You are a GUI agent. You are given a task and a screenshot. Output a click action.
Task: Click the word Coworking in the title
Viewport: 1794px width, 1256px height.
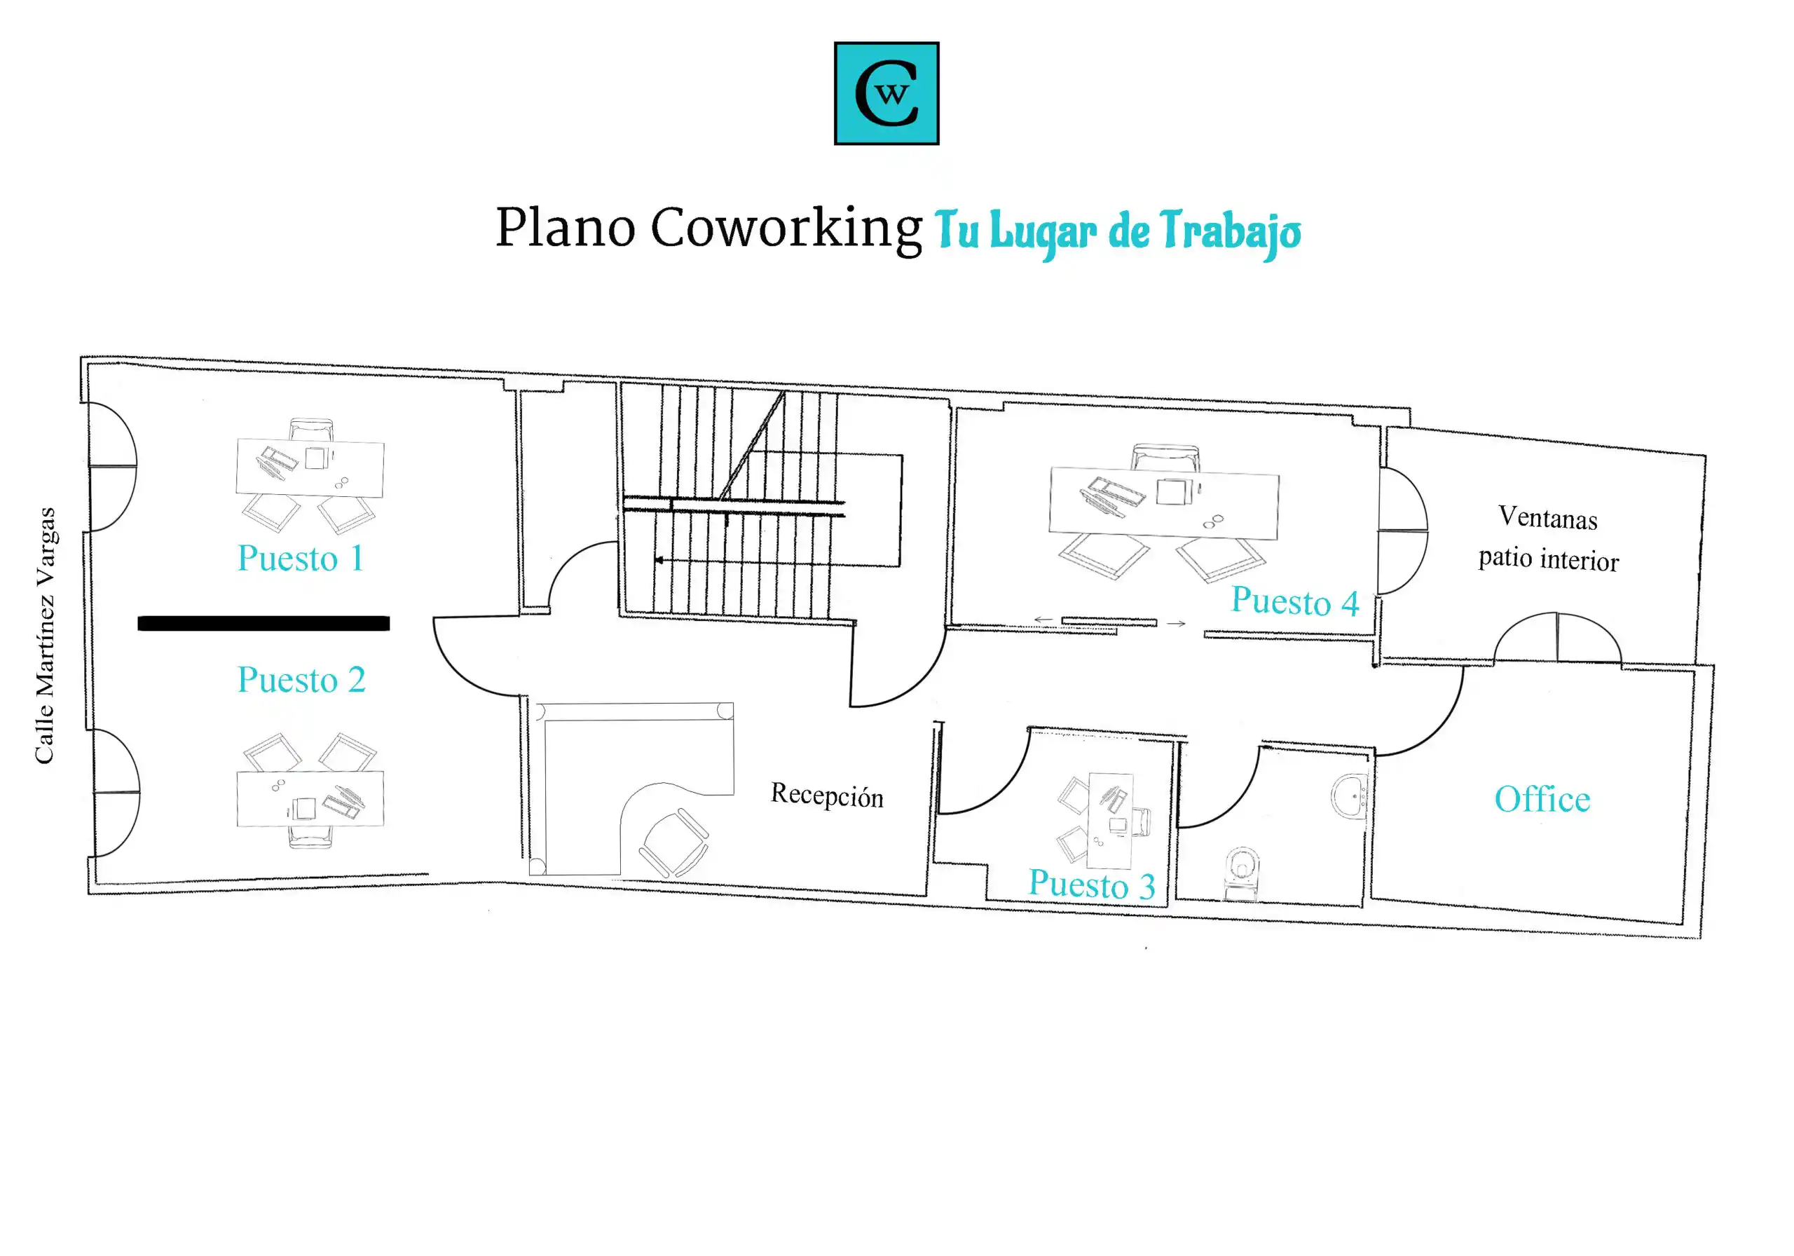tap(786, 229)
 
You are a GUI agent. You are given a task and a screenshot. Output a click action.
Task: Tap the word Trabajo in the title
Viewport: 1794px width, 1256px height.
tap(1230, 233)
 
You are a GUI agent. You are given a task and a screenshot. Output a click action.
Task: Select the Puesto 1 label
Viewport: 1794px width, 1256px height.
tap(301, 558)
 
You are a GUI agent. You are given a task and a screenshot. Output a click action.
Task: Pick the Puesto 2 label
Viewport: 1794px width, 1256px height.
tap(301, 680)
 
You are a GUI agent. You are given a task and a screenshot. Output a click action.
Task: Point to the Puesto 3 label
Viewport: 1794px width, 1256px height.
tap(1092, 884)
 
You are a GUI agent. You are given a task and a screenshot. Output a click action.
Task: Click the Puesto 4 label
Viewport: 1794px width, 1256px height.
tap(1295, 601)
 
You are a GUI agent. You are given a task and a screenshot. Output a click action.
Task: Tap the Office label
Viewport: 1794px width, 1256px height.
tap(1542, 799)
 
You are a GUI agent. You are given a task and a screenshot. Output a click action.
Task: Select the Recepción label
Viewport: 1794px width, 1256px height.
tap(827, 795)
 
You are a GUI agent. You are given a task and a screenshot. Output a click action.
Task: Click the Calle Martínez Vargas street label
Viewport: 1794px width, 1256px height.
tap(46, 636)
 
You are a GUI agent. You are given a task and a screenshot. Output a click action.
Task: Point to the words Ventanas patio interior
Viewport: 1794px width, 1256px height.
tap(1549, 538)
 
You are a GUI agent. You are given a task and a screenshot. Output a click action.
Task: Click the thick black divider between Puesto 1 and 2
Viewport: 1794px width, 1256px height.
tap(263, 623)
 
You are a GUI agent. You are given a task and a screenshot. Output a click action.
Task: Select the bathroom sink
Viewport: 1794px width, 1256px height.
tap(1350, 796)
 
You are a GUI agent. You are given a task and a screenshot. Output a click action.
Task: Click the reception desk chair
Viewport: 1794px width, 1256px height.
tap(674, 842)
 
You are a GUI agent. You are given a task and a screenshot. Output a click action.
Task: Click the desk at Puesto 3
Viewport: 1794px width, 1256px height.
tap(1110, 821)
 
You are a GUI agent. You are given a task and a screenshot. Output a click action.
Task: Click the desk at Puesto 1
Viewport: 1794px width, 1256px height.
tap(310, 468)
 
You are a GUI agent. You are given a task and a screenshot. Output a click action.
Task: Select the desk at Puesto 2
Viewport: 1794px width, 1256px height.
tap(310, 798)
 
